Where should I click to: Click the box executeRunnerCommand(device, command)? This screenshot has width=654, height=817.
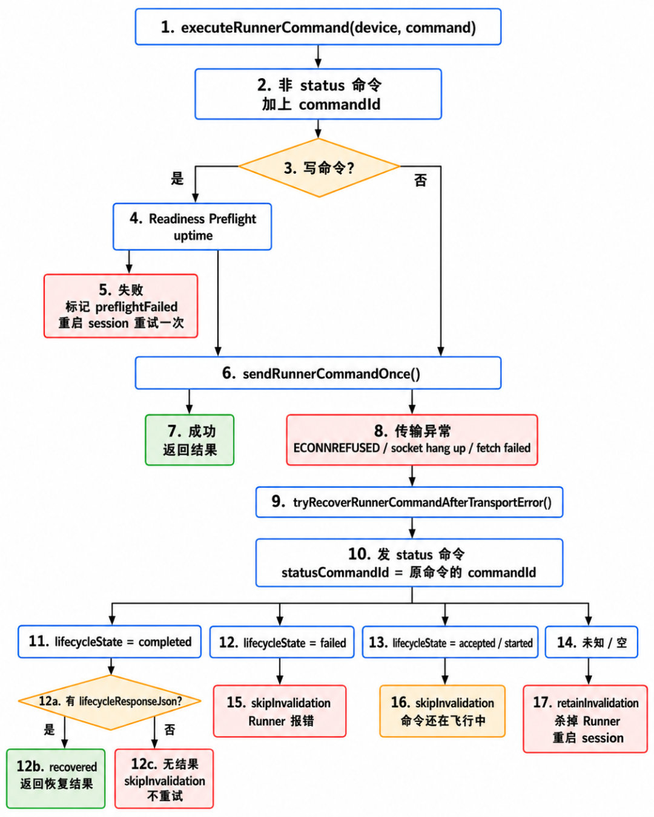click(x=318, y=27)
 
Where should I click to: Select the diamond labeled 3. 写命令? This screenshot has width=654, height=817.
click(x=319, y=168)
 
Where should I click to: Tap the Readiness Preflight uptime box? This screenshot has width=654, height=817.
click(x=193, y=227)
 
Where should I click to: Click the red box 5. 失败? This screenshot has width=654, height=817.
click(x=121, y=306)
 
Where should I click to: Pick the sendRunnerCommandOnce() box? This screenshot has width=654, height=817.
click(x=318, y=373)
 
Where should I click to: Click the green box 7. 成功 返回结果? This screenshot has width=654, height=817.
click(x=190, y=440)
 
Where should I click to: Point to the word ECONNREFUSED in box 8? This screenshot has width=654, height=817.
click(x=336, y=448)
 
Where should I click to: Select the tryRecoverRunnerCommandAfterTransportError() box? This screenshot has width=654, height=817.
click(x=409, y=502)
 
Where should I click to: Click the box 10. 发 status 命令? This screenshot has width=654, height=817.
click(x=409, y=563)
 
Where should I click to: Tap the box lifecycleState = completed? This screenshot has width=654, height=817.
click(x=110, y=641)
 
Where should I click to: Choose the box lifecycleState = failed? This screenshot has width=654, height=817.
click(x=282, y=642)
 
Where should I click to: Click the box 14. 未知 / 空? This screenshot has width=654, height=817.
click(x=591, y=642)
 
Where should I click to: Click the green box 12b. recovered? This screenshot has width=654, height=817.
click(x=56, y=778)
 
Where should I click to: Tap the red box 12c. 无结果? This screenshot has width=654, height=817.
click(x=164, y=778)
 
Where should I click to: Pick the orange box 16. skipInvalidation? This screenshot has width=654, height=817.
click(x=442, y=711)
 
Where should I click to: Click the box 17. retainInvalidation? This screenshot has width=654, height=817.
click(x=585, y=719)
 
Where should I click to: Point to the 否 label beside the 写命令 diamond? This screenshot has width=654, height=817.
click(x=420, y=180)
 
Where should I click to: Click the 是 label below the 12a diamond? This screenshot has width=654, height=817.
click(x=50, y=729)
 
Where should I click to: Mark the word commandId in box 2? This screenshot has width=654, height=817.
click(x=339, y=105)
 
